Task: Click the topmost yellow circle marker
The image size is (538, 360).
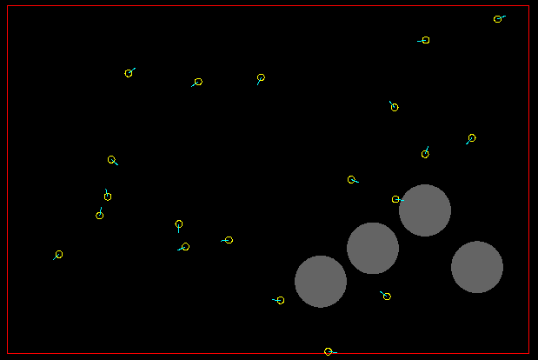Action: (x=498, y=19)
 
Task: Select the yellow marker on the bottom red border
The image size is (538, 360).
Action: (x=329, y=351)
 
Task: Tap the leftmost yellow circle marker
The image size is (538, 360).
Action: (x=59, y=255)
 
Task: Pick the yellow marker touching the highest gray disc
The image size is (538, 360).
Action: (x=396, y=199)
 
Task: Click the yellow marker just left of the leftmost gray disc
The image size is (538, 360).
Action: (x=281, y=301)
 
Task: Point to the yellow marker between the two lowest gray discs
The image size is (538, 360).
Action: (x=387, y=297)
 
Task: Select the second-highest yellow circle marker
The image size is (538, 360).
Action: (x=426, y=40)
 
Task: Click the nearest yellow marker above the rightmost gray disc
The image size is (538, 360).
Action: (x=472, y=138)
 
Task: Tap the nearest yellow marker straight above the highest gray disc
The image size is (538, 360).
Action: (x=425, y=154)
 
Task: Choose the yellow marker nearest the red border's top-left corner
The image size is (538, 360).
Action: (x=129, y=73)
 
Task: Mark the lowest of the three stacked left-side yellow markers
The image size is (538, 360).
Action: (x=100, y=215)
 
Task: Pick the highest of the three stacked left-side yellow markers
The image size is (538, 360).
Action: (x=112, y=160)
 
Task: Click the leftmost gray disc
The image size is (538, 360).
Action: (x=321, y=281)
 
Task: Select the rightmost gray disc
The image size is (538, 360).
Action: (x=477, y=267)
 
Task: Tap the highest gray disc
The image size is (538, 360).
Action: (x=425, y=210)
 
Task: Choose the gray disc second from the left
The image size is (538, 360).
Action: (x=373, y=248)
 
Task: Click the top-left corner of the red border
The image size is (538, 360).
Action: (x=8, y=7)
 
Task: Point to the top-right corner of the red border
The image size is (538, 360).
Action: (x=528, y=7)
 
